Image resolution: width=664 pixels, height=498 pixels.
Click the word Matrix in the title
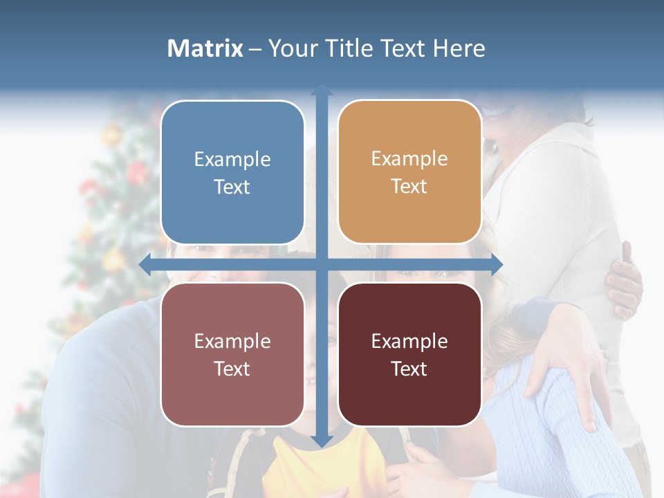point(205,48)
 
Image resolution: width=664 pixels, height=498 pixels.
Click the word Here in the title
point(459,48)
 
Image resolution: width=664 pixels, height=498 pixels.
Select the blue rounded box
point(232,172)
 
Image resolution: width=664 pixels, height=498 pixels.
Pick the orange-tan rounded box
point(409,172)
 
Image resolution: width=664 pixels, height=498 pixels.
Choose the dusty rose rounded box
point(232,354)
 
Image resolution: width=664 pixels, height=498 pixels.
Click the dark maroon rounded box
point(409,354)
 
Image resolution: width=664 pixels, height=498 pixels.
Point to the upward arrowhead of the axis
point(322,91)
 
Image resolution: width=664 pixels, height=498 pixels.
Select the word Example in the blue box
point(232,159)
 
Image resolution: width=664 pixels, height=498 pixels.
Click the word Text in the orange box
point(409,187)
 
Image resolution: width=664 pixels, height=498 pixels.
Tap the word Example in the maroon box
point(409,341)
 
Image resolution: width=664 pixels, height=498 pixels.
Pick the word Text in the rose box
point(232,369)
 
